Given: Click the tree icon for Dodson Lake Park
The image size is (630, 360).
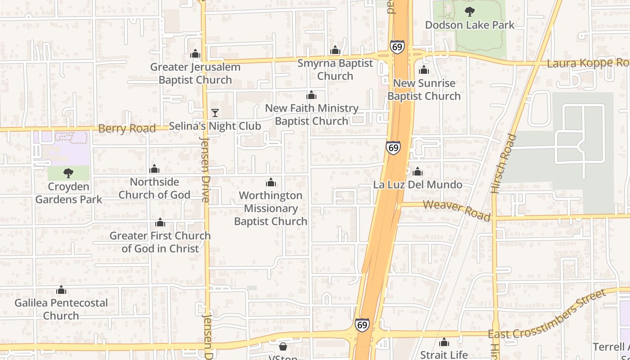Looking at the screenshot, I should pos(469,12).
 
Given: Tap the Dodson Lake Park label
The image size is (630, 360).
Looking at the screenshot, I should pos(469,25).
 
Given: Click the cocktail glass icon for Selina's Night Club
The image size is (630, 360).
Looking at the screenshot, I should pos(215,113).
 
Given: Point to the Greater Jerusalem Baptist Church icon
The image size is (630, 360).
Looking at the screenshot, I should pos(195,54).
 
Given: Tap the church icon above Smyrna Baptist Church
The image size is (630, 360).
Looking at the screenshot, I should pos(335,50).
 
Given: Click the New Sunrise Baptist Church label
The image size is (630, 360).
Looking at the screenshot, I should pos(424,90).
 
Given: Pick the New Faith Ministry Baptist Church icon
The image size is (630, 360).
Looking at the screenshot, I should pos(311,95).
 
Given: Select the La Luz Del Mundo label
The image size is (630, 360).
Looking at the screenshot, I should pos(418,185).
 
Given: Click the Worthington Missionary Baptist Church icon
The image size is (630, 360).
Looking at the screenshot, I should pos(271,182).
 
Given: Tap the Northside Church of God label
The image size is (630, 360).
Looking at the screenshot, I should pos(154,189).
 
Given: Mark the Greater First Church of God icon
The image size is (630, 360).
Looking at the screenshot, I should pos(160,223).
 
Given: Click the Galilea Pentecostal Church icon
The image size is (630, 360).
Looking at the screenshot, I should pos(61,290).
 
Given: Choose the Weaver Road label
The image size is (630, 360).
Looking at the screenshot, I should pos(457,211).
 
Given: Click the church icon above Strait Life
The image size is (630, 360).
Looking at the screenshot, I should pos(444,342).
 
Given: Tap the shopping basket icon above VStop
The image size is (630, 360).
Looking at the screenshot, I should pos(283,346).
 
